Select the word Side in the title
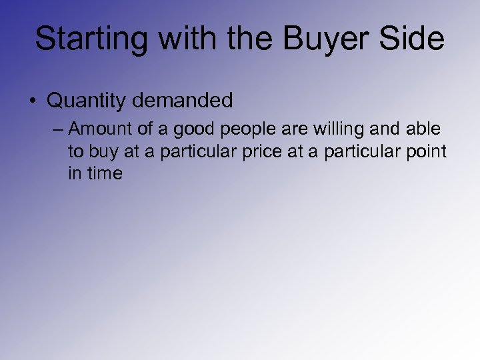tap(415, 39)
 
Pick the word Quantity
tap(86, 101)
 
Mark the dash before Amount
tap(59, 129)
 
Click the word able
tap(424, 129)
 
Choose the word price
tap(263, 151)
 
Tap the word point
tap(425, 151)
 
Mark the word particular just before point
tap(357, 151)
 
